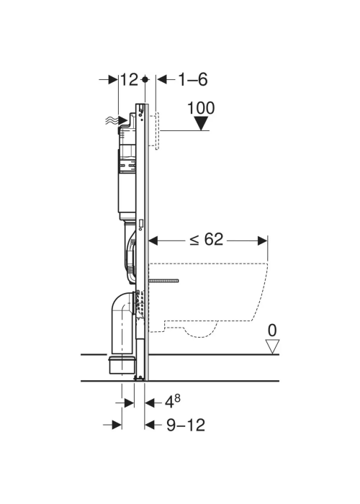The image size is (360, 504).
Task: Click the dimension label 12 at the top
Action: [129, 79]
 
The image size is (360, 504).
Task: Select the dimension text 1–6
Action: [193, 79]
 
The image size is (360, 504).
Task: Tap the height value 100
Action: [201, 108]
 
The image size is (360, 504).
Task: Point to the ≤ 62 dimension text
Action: [206, 240]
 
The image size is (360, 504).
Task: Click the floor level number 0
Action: [272, 330]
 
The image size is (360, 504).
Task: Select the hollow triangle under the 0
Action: [272, 347]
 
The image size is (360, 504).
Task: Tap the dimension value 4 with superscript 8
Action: [173, 401]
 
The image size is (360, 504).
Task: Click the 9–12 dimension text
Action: [186, 425]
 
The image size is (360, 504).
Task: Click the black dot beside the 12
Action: [145, 79]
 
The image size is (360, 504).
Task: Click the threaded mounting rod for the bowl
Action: [163, 281]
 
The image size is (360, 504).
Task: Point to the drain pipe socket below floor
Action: [122, 365]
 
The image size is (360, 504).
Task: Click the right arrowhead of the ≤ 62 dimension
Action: [263, 240]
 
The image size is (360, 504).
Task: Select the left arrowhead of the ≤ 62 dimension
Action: [153, 240]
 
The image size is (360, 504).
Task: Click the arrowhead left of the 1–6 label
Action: [162, 79]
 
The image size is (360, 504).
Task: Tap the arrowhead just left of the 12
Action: [113, 79]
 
